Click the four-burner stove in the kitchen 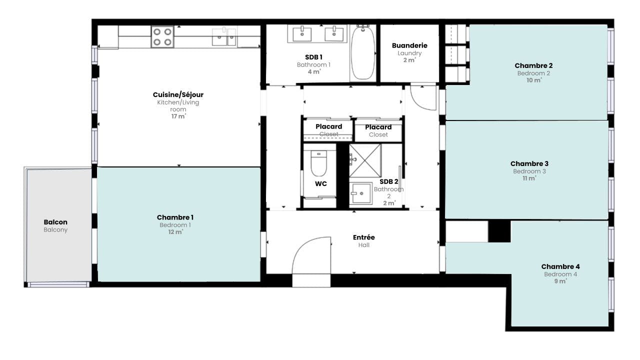tap(162, 36)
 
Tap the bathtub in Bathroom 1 tap(363, 52)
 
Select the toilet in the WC tap(318, 163)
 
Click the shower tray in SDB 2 tap(365, 161)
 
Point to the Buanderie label tap(409, 45)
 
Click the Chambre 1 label tap(175, 217)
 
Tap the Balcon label tap(55, 222)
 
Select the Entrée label tap(363, 237)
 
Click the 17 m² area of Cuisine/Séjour tap(178, 116)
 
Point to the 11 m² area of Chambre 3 tap(529, 178)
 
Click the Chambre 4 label tap(560, 266)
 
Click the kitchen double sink tap(224, 37)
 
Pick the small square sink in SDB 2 tap(361, 193)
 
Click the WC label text tap(321, 183)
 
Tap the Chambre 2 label tap(533, 65)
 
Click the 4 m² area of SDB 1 tap(314, 71)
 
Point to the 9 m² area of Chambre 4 tap(560, 281)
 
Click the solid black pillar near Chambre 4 tap(499, 231)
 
